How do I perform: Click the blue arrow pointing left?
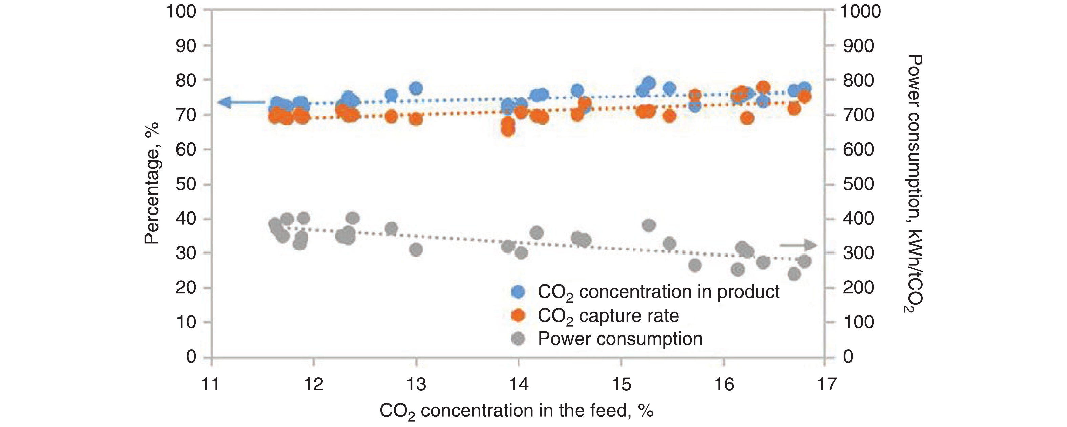(241, 102)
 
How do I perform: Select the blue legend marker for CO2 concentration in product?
(518, 292)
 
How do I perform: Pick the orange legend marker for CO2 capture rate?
(518, 316)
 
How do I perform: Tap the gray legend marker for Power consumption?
(518, 339)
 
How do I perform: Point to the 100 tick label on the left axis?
(181, 11)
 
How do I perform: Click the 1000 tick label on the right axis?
(860, 11)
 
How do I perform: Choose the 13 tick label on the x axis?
(416, 385)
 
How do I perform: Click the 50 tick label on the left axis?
(186, 184)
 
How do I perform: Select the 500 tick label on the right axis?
(858, 184)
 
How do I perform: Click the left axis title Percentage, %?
(152, 183)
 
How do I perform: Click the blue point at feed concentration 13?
(416, 88)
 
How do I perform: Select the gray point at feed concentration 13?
(416, 249)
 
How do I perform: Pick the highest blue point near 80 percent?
(649, 82)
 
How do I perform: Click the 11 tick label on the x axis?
(210, 385)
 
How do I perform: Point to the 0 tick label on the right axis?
(848, 357)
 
